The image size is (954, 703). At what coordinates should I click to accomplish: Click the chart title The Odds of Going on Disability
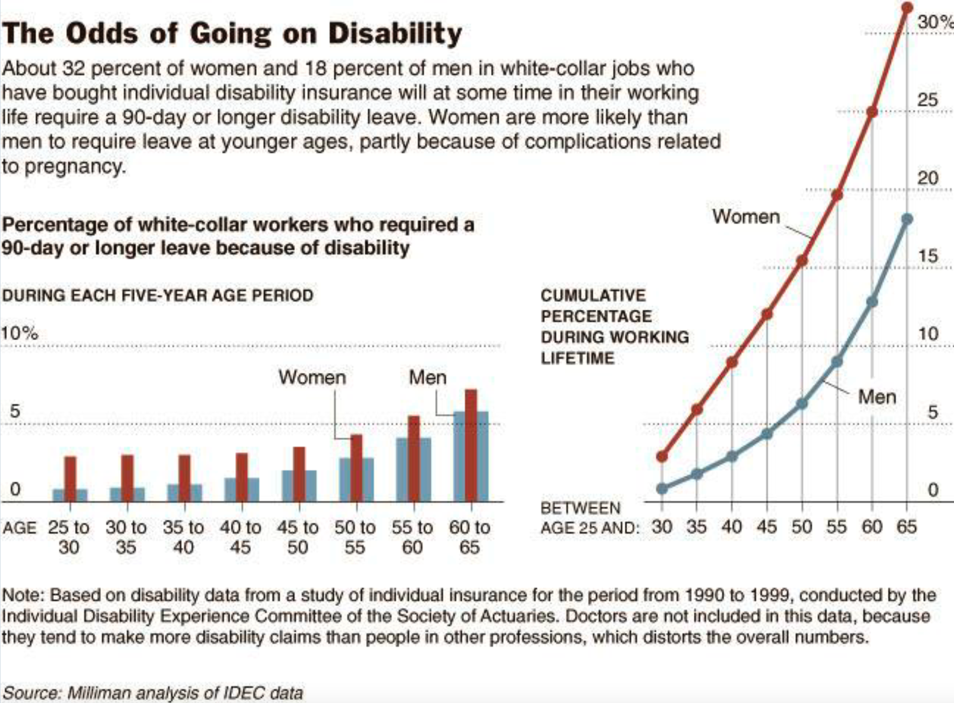pyautogui.click(x=232, y=34)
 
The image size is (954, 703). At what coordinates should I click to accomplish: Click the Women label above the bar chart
pyautogui.click(x=312, y=377)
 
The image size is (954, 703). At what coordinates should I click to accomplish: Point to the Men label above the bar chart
pyautogui.click(x=427, y=377)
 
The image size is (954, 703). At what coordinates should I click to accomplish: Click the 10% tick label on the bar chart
pyautogui.click(x=19, y=333)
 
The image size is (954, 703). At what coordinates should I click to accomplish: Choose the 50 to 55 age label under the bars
pyautogui.click(x=355, y=537)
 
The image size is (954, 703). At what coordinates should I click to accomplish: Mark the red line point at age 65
pyautogui.click(x=907, y=7)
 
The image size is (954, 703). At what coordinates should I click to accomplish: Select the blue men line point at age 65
pyautogui.click(x=907, y=219)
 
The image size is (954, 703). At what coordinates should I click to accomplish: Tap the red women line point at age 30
pyautogui.click(x=662, y=456)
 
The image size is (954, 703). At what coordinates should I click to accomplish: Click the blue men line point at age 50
pyautogui.click(x=802, y=404)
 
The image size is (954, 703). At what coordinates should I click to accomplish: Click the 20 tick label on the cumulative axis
pyautogui.click(x=928, y=178)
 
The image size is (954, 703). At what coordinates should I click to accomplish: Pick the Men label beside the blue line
pyautogui.click(x=877, y=397)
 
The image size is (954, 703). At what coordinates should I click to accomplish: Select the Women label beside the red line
pyautogui.click(x=746, y=217)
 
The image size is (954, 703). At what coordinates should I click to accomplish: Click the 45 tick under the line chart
pyautogui.click(x=767, y=526)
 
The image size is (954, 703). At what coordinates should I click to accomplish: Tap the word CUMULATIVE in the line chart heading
pyautogui.click(x=593, y=295)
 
